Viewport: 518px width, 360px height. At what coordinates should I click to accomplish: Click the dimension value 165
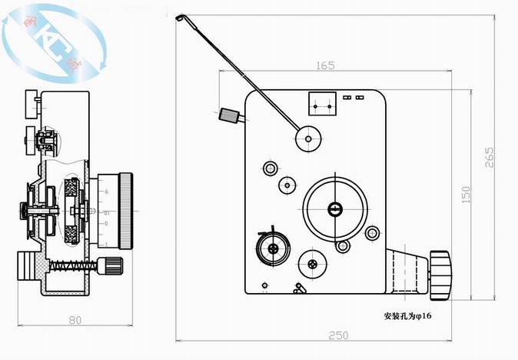(325, 66)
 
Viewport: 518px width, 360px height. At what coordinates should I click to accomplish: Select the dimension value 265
(490, 156)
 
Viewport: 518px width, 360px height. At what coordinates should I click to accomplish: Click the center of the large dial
(334, 208)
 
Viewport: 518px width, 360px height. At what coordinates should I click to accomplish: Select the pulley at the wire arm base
(308, 138)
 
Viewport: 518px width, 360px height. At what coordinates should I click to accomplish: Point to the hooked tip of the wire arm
(178, 18)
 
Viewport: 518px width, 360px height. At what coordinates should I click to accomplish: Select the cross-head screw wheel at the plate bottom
(313, 264)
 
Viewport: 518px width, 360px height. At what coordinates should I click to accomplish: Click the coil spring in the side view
(73, 266)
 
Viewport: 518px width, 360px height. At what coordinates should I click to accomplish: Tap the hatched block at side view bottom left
(33, 268)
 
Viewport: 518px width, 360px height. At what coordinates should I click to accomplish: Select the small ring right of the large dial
(372, 232)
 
